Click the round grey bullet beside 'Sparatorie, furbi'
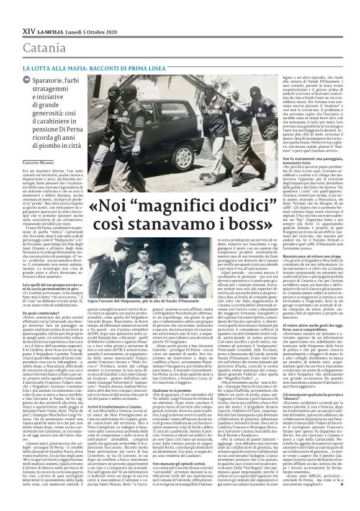(27, 82)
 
